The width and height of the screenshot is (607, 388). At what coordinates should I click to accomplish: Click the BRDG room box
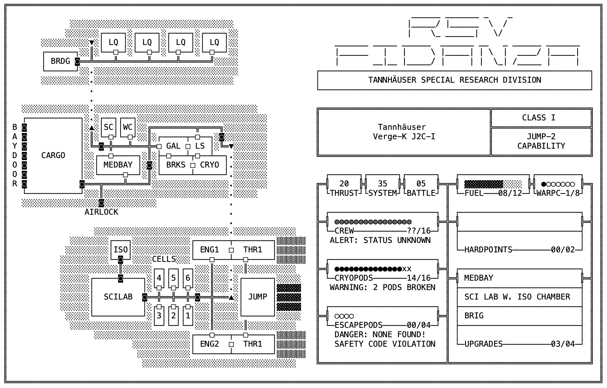[x=60, y=61]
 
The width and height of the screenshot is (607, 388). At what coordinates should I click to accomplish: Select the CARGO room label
[x=53, y=156]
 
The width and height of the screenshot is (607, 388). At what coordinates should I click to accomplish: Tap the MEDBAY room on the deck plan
[x=118, y=165]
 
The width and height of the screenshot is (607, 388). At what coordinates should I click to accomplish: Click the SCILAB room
[x=118, y=297]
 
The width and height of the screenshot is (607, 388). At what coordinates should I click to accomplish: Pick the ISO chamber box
[x=121, y=249]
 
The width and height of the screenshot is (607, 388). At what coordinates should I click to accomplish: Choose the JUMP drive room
[x=258, y=297]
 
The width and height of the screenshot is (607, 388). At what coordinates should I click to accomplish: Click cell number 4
[x=159, y=278]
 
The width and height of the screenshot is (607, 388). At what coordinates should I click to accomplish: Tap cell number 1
[x=188, y=316]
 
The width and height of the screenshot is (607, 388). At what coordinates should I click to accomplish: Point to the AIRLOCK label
[x=101, y=212]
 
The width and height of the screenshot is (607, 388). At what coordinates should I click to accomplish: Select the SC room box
[x=109, y=127]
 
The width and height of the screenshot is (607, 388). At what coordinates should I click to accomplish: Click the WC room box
[x=128, y=127]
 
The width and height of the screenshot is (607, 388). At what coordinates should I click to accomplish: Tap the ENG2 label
[x=209, y=344]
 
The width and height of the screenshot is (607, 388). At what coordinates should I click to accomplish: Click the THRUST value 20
[x=344, y=184]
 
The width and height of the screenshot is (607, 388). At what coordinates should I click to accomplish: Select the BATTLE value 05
[x=421, y=184]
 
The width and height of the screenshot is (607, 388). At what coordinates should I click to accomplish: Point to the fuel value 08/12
[x=510, y=193]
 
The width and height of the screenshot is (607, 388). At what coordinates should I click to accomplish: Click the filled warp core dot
[x=543, y=184]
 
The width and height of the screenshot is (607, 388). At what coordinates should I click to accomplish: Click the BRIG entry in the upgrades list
[x=474, y=316]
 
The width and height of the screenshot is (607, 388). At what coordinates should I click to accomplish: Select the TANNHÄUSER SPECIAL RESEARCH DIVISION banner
[x=455, y=80]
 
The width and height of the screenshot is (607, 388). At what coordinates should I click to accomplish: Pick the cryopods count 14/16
[x=419, y=278]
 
